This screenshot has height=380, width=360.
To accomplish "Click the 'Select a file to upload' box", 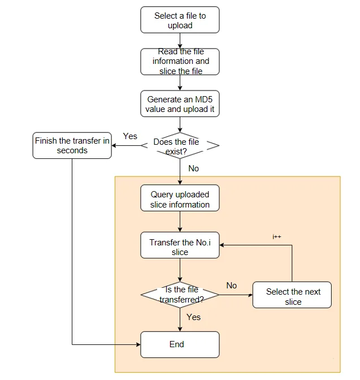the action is [x=180, y=20].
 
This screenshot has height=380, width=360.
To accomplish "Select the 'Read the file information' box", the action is [x=180, y=62].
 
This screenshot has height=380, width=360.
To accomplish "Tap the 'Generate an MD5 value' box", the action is [x=180, y=103].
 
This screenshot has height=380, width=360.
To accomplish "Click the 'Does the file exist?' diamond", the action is [x=180, y=146].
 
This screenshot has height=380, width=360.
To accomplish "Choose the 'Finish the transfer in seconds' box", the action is [x=72, y=146].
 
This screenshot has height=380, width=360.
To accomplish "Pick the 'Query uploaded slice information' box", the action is [x=180, y=198].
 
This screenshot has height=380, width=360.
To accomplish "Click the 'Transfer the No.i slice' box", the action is [x=180, y=245].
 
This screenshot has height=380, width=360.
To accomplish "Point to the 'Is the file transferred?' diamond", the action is [x=180, y=295].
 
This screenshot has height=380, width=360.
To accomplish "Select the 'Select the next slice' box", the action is [x=292, y=295].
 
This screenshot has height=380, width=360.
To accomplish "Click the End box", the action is [x=180, y=344].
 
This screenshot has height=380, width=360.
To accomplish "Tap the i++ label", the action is [x=277, y=236].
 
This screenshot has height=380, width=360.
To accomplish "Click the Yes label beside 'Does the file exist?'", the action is [x=130, y=136].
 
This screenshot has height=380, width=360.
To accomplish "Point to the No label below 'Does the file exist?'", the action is [x=194, y=169].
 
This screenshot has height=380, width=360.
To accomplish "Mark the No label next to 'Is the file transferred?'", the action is [x=232, y=286].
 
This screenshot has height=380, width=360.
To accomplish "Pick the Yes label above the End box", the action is [x=194, y=317].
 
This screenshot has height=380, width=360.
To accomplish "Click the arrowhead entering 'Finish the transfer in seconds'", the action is [x=114, y=146].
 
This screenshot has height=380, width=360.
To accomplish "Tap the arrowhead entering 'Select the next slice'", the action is [x=250, y=295].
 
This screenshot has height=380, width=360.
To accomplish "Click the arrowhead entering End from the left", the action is [x=138, y=344].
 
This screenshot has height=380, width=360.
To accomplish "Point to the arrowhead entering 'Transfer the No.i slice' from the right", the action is [x=222, y=245].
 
